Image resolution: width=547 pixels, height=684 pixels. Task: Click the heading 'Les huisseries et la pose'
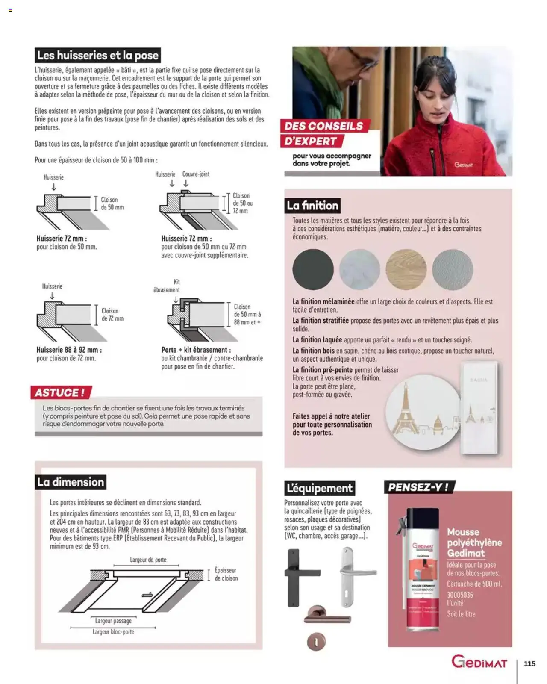click(98, 56)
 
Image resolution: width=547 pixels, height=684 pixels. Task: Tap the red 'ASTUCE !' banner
click(60, 392)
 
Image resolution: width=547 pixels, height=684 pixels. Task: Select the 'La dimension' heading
click(71, 482)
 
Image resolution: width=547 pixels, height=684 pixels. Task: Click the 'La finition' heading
click(313, 206)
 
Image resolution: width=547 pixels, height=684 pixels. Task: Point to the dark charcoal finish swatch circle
click(313, 270)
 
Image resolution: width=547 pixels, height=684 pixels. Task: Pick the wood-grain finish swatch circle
click(406, 270)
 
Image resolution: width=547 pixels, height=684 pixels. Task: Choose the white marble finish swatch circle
click(359, 270)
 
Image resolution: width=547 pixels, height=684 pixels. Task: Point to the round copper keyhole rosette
click(316, 642)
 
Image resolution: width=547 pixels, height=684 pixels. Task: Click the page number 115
click(529, 663)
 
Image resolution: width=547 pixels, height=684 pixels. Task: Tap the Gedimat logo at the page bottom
click(479, 663)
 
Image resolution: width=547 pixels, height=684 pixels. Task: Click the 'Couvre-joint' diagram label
click(196, 174)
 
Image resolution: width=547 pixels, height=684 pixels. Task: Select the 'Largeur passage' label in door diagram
click(113, 621)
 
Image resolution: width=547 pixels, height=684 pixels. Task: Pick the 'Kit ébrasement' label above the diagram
click(167, 286)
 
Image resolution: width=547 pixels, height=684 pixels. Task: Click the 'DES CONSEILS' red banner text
click(323, 126)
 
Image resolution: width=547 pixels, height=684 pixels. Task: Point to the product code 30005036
click(460, 595)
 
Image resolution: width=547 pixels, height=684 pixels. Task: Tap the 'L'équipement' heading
click(320, 488)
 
